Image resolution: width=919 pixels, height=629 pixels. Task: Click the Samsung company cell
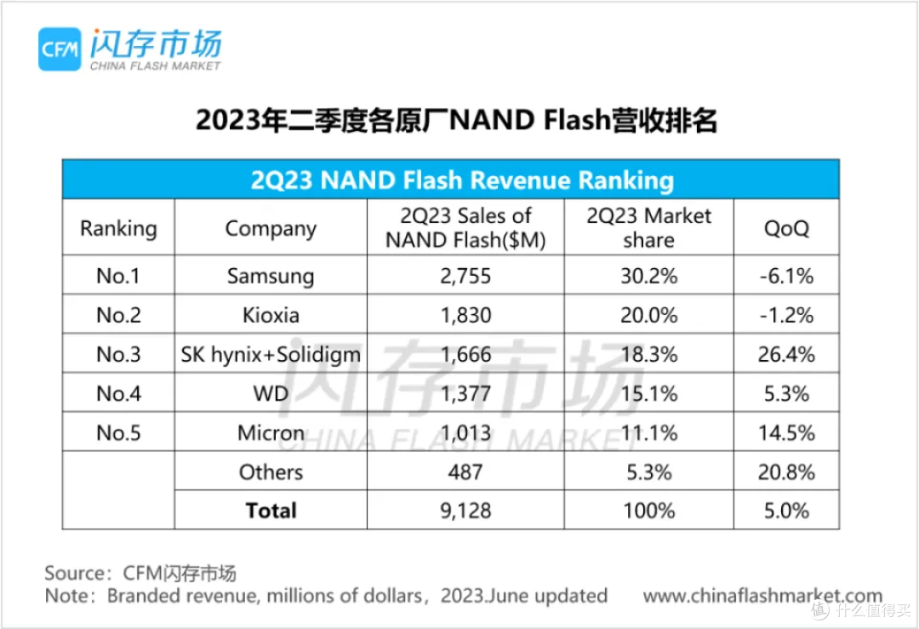click(271, 276)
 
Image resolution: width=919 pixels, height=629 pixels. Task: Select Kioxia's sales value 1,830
click(465, 315)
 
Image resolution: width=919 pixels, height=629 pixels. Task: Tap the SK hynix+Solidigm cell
click(271, 354)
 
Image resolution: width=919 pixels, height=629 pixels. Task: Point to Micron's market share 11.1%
click(648, 432)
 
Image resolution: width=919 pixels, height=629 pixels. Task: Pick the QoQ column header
click(786, 228)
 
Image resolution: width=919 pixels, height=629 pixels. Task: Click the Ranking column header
click(118, 228)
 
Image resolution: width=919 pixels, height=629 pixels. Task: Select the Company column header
click(271, 228)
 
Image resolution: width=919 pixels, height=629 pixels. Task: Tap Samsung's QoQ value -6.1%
click(786, 276)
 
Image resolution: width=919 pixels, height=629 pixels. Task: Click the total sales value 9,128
click(465, 511)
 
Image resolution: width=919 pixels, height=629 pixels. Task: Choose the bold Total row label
click(271, 511)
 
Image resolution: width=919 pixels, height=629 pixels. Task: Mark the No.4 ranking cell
click(118, 393)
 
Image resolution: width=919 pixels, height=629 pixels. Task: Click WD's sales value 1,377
click(465, 393)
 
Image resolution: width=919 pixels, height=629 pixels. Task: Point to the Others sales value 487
click(465, 472)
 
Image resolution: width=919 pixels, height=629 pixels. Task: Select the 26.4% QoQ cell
click(786, 354)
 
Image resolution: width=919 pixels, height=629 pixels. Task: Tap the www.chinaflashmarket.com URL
click(762, 596)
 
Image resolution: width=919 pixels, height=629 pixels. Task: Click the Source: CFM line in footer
click(140, 572)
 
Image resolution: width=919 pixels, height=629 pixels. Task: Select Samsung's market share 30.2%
click(648, 276)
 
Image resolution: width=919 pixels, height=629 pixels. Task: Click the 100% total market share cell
click(648, 511)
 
